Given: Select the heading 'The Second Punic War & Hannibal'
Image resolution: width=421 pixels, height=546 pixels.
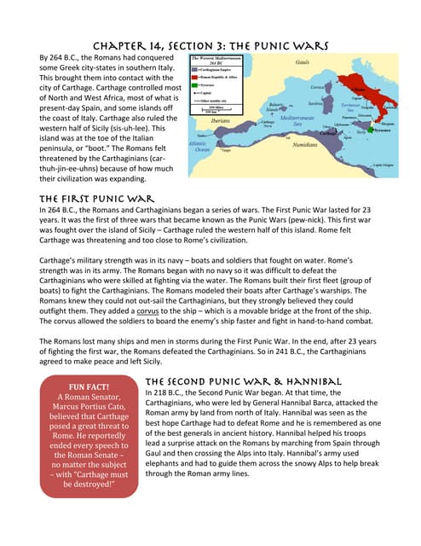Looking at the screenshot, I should click(x=244, y=380).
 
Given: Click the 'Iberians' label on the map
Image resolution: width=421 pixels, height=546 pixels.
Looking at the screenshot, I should click(x=222, y=120).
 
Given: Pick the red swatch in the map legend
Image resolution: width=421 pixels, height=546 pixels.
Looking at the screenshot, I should click(x=196, y=76).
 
